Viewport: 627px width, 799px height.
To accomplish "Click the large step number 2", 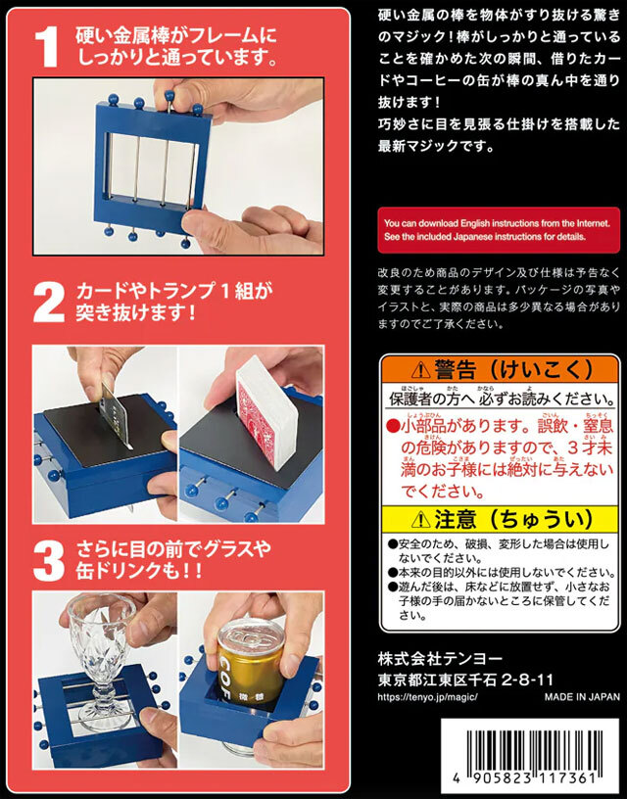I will click(50, 302).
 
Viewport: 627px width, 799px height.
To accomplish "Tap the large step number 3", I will click(48, 555).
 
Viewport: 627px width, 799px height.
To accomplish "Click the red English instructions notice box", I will click(499, 229).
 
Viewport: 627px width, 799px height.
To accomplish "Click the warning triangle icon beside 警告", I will click(420, 370).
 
